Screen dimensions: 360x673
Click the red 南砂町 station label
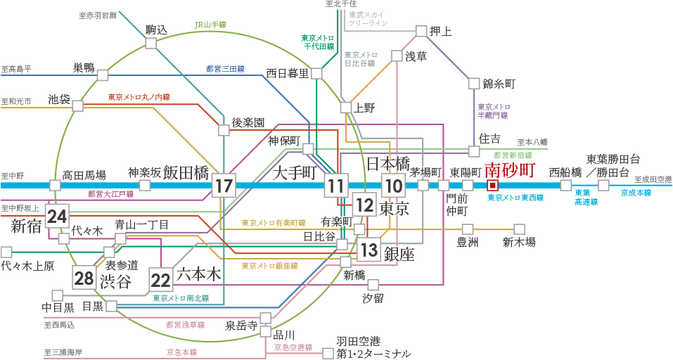pos(510,171)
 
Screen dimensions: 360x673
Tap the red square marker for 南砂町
pos(493,186)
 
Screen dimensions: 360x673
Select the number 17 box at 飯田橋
pos(224,186)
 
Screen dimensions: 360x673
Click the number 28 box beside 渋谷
pos(84,278)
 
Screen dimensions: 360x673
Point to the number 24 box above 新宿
pos(56,217)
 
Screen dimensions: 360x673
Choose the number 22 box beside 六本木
pos(161,281)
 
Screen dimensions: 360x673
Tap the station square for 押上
pos(421,31)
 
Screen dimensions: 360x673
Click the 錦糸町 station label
pos(499,84)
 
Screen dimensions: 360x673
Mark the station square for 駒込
pos(150,43)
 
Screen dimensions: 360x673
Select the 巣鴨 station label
pos(84,67)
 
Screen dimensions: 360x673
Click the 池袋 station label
pos(59,99)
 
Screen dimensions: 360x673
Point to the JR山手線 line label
pos(210,25)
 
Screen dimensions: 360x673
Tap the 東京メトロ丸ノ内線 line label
pos(139,97)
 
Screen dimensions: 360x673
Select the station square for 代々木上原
pos(6,252)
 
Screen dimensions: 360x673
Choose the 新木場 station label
pos(518,243)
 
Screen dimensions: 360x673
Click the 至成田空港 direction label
pos(653,179)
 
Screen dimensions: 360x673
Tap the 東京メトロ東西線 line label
pos(515,198)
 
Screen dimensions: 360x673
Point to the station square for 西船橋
pos(566,186)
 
